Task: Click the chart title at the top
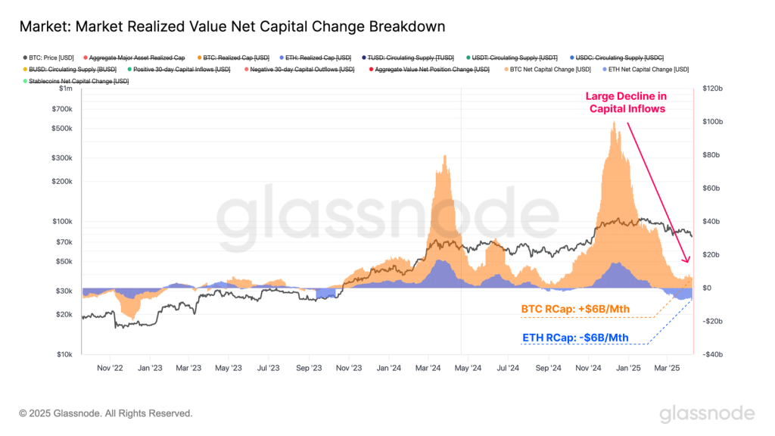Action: pos(232,26)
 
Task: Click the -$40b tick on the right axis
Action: pos(716,354)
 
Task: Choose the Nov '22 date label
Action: pos(110,368)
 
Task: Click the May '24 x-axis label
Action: pos(468,368)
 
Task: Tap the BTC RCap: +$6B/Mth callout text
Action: pos(575,310)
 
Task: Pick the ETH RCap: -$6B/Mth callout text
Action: pos(575,338)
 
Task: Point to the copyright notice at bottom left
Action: pos(106,413)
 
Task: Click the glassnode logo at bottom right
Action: pos(706,413)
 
